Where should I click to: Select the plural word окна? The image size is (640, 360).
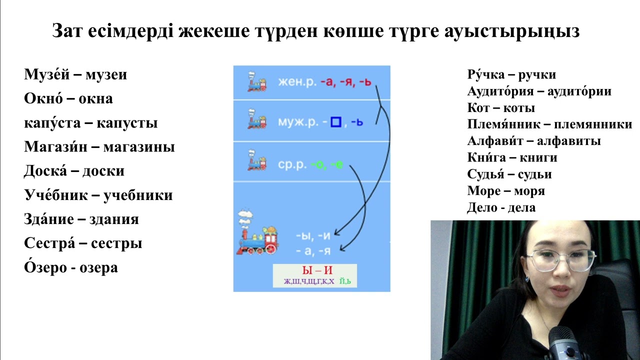pos(95,99)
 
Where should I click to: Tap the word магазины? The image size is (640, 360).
pos(144,147)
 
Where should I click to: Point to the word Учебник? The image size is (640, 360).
pos(54,195)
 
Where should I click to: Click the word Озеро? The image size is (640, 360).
pos(42,268)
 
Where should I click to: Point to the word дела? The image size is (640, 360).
pos(521,207)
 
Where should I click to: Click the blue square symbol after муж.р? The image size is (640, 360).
pos(336,122)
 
